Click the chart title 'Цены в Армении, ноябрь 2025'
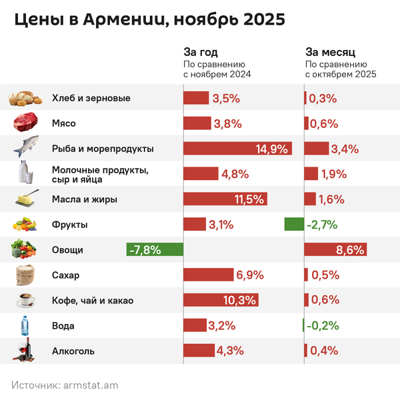(x=150, y=20)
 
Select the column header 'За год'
(x=201, y=52)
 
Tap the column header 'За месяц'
(x=330, y=52)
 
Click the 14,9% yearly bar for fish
(x=238, y=149)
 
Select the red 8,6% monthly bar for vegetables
(x=336, y=250)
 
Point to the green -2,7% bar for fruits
(x=294, y=225)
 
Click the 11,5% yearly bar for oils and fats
(x=226, y=199)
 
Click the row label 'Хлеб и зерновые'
(x=91, y=98)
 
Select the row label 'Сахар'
(x=65, y=275)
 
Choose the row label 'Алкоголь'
(x=73, y=351)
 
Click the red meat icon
(x=25, y=123)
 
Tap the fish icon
(x=25, y=148)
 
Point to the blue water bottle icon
(x=25, y=326)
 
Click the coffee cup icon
(x=25, y=301)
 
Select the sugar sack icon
(x=25, y=275)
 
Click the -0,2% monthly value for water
(x=323, y=326)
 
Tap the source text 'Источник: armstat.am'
(x=65, y=385)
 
